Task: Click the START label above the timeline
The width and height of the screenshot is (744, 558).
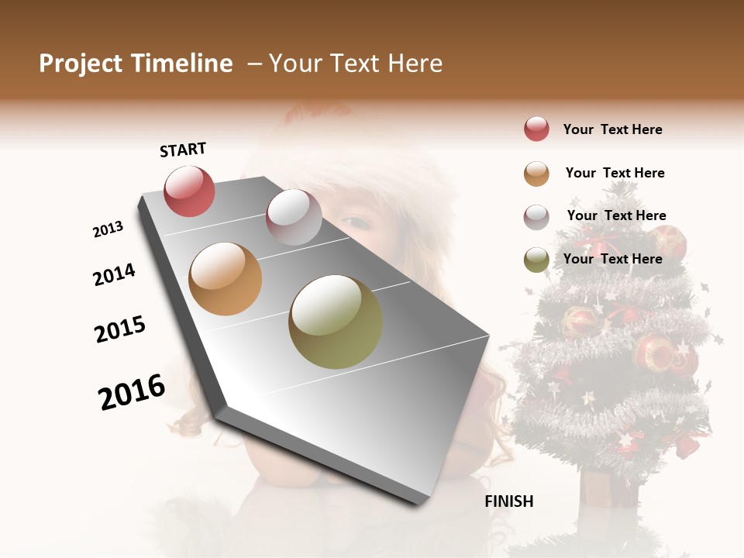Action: pyautogui.click(x=183, y=150)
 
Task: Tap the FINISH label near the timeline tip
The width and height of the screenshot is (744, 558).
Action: pyautogui.click(x=509, y=501)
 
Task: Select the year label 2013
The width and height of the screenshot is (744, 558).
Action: pyautogui.click(x=108, y=229)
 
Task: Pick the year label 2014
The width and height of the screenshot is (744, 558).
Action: pyautogui.click(x=115, y=275)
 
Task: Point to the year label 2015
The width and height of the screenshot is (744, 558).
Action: pyautogui.click(x=120, y=329)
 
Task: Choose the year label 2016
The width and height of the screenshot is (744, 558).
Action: pyautogui.click(x=132, y=392)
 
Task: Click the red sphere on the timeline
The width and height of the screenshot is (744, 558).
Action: pyautogui.click(x=189, y=191)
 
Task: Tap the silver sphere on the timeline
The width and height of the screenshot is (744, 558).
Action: pyautogui.click(x=294, y=217)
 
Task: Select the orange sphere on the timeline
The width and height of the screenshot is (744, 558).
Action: pyautogui.click(x=225, y=279)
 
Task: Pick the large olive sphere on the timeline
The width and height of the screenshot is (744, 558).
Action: pyautogui.click(x=336, y=322)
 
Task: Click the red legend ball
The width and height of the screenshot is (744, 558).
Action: pyautogui.click(x=536, y=129)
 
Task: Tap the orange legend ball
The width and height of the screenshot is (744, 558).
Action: pyautogui.click(x=536, y=174)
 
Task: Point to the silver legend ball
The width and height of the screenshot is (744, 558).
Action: pyautogui.click(x=536, y=217)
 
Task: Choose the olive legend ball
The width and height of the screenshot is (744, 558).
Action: pyautogui.click(x=536, y=260)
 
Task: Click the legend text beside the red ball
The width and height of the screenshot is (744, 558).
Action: pyautogui.click(x=612, y=130)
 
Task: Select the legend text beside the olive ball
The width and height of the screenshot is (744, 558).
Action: pyautogui.click(x=612, y=259)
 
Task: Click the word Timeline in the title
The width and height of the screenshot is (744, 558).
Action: pyautogui.click(x=182, y=64)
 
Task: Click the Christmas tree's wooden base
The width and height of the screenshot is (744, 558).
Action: pyautogui.click(x=608, y=488)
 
